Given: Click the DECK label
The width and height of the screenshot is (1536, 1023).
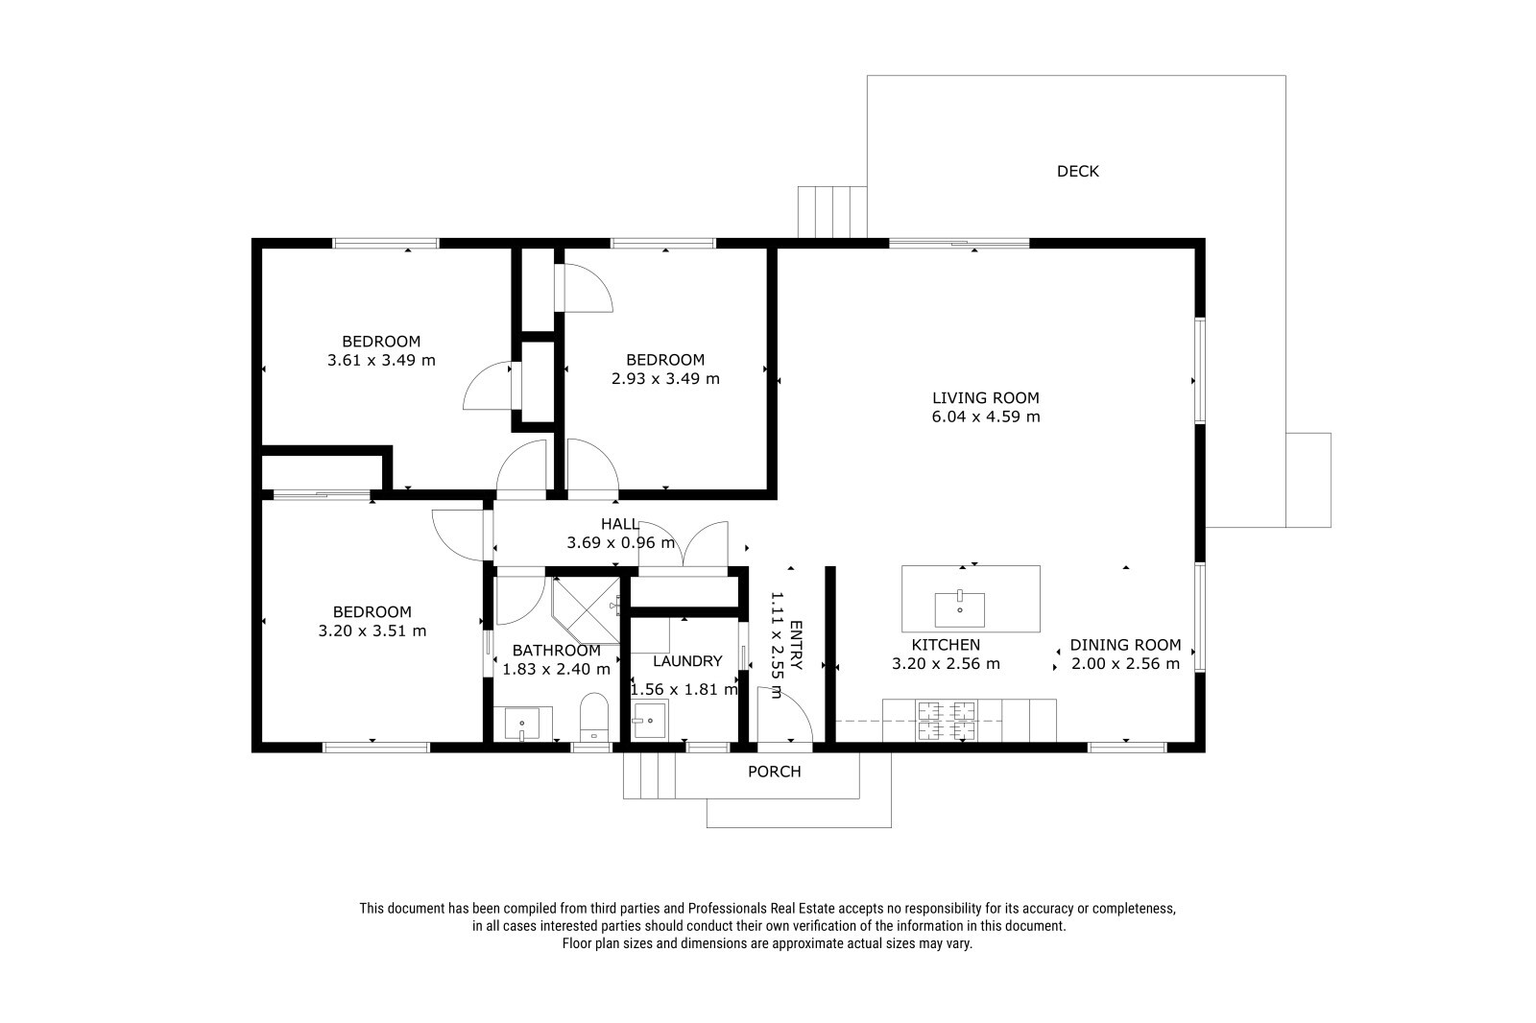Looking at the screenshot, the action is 1077,172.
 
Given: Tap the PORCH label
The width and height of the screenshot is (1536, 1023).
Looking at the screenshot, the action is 774,772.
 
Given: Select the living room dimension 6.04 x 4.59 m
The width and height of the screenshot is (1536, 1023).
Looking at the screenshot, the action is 985,416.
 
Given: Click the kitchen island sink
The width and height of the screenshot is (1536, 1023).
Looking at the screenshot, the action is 959,608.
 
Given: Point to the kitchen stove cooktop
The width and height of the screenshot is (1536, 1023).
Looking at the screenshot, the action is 947,721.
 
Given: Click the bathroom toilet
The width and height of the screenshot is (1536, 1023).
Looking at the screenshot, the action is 594,717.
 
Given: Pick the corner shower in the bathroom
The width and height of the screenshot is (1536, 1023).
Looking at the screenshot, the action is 586,610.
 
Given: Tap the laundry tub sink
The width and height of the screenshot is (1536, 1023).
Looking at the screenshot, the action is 649,719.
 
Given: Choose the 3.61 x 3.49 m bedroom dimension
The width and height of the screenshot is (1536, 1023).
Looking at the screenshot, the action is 381,360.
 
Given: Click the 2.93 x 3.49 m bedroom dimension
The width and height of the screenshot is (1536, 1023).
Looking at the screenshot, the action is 665,378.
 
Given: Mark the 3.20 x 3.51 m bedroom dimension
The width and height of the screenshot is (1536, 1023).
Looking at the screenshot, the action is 372,630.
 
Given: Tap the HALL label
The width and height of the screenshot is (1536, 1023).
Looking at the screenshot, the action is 620,525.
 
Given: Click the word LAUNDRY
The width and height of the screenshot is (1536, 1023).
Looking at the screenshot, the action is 687,661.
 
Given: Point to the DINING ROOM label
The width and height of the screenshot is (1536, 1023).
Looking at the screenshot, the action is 1125,645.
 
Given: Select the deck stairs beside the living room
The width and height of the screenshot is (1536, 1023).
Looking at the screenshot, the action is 832,212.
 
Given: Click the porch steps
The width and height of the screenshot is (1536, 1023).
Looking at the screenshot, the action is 649,775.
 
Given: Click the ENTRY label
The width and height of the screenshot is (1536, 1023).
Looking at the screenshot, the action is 796,645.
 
